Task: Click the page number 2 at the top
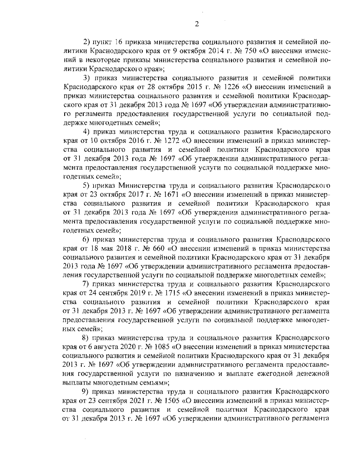(x=197, y=24)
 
